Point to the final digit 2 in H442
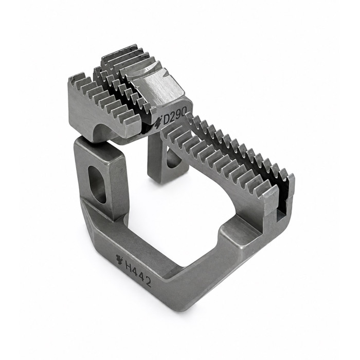(148, 282)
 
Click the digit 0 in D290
(187, 113)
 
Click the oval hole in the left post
(96, 184)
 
